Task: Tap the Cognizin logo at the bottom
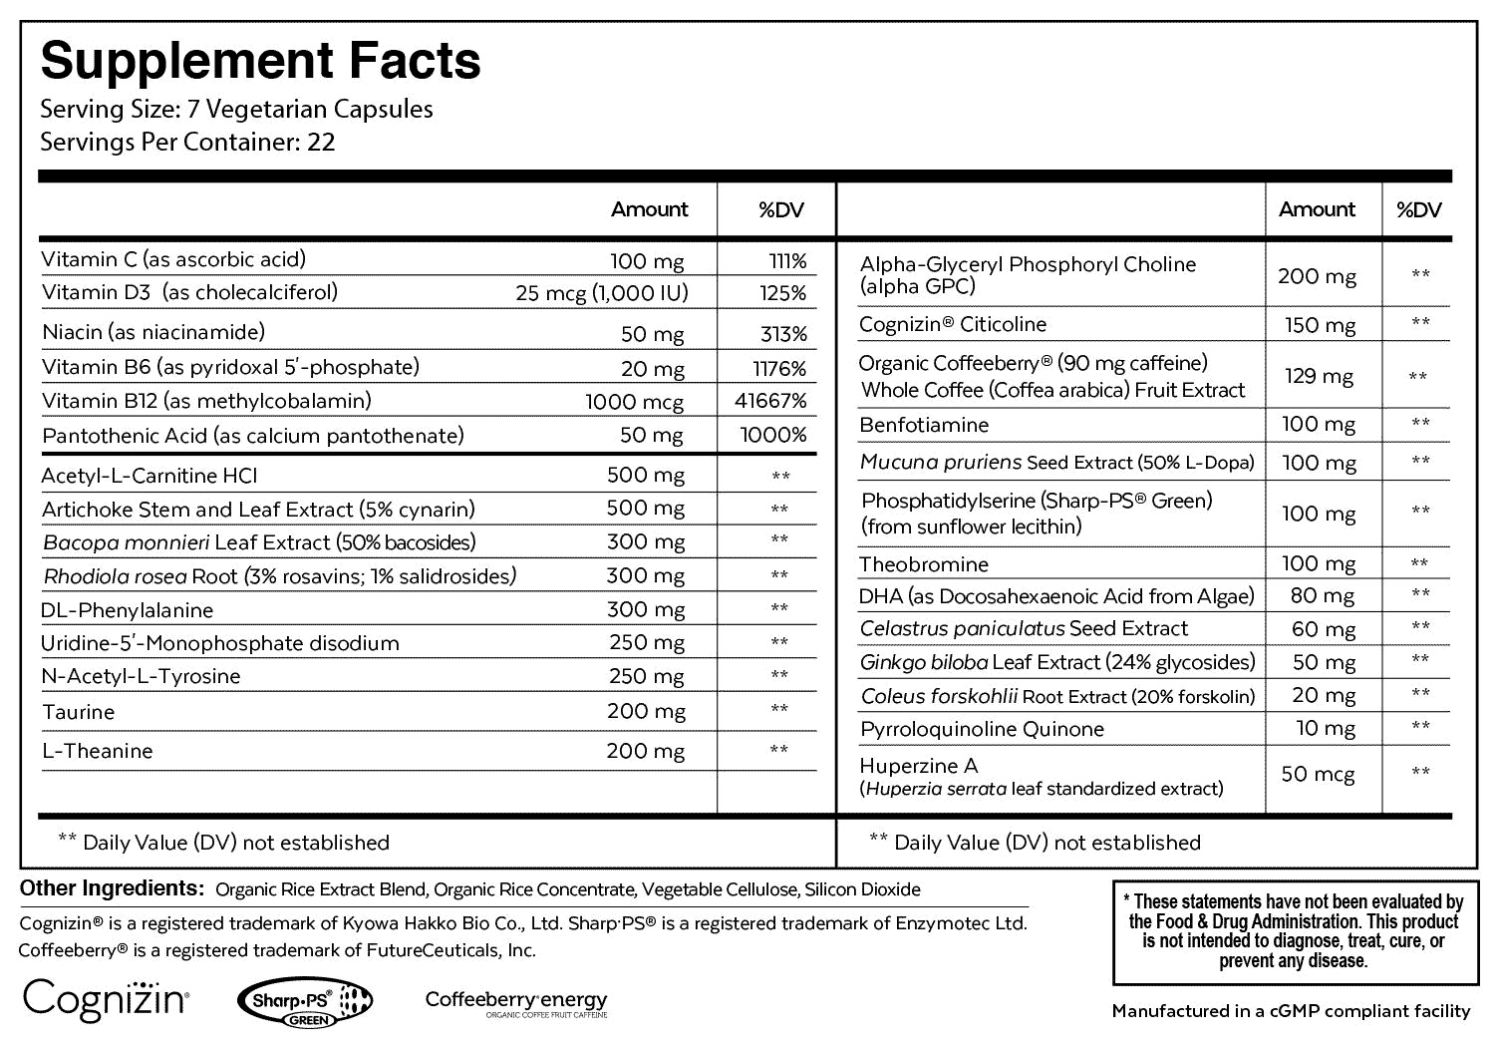click(106, 998)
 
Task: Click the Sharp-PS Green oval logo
click(305, 1000)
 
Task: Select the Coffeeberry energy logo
click(515, 1001)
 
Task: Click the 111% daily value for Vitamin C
click(787, 261)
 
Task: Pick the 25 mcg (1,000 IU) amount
click(602, 293)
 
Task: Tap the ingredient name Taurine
click(79, 712)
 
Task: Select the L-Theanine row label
click(98, 751)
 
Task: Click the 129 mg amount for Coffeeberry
click(1318, 377)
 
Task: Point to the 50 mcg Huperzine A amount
click(1318, 775)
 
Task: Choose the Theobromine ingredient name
click(924, 564)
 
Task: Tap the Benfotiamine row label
click(924, 425)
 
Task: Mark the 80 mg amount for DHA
click(1324, 596)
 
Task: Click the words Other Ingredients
click(112, 888)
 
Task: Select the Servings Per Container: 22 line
click(187, 142)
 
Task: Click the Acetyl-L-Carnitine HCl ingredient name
click(149, 476)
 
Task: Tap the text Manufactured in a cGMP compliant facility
click(1291, 1011)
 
